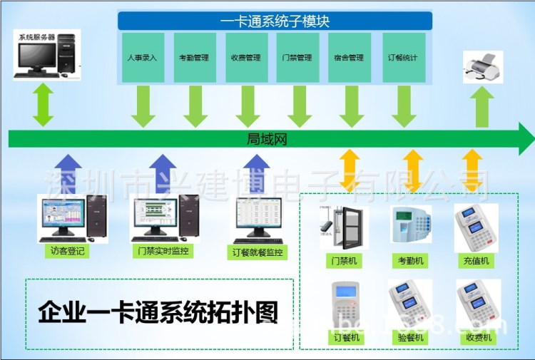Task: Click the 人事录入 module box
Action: tap(143, 57)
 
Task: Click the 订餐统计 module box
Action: tap(404, 57)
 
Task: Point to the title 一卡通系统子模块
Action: tap(275, 21)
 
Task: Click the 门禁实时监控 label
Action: tap(161, 252)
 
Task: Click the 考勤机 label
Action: tap(410, 261)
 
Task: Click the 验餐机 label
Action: tap(410, 338)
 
